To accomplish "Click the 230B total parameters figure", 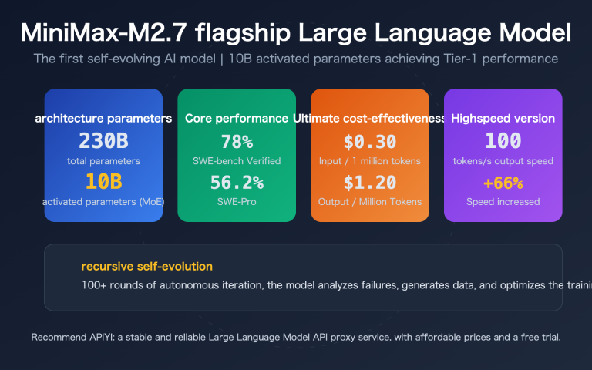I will click(x=103, y=141).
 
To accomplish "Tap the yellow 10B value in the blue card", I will click(x=103, y=183).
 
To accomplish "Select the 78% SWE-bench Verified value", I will click(x=237, y=141).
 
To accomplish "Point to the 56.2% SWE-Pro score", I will click(x=237, y=183).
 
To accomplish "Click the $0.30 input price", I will click(x=370, y=141).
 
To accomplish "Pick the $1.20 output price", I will click(x=370, y=183).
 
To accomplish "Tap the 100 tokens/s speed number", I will click(x=503, y=141).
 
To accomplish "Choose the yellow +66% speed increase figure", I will click(x=503, y=183).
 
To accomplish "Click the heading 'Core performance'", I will click(x=237, y=119).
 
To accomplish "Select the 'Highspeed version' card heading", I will click(x=503, y=119).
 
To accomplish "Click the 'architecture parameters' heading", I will click(x=103, y=119).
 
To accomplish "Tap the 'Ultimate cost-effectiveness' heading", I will click(x=370, y=119).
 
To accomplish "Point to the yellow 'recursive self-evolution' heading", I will click(x=146, y=267).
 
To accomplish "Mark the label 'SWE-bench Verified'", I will click(x=237, y=160).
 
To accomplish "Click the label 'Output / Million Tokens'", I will click(x=370, y=202).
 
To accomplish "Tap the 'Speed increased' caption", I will click(x=503, y=202).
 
